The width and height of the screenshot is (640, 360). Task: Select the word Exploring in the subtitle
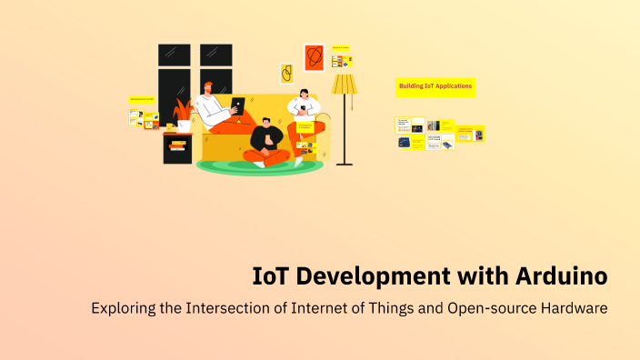[x=125, y=308]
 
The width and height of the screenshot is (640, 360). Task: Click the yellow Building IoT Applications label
[x=435, y=86]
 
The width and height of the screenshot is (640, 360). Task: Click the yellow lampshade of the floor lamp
[x=344, y=85]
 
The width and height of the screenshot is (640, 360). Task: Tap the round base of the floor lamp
[x=344, y=164]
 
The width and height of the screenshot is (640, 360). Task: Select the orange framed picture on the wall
[x=314, y=57]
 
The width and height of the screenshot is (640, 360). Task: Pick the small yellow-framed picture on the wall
[x=286, y=73]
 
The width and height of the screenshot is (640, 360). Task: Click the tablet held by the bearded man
[x=237, y=105]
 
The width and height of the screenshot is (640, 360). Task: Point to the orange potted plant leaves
[x=184, y=110]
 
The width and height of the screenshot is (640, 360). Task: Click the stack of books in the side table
[x=177, y=145]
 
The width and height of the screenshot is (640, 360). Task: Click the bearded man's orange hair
[x=208, y=86]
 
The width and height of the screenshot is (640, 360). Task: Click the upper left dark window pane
[x=174, y=55]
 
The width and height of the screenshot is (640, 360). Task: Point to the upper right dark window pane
[x=215, y=55]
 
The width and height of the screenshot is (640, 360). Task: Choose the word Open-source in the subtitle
[x=489, y=308]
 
